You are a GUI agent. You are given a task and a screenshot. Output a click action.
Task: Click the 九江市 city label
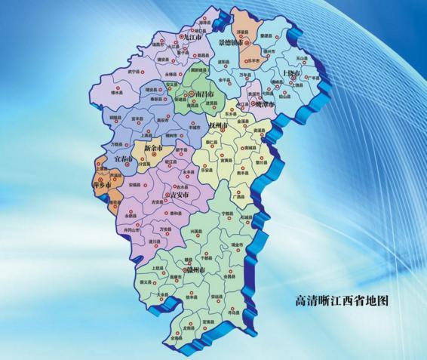[x=195, y=36]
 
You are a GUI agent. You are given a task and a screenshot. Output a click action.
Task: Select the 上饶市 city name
[x=290, y=73]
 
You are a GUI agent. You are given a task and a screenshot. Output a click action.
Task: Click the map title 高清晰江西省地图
[x=341, y=300]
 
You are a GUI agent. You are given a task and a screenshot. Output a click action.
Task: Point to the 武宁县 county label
[x=135, y=71]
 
